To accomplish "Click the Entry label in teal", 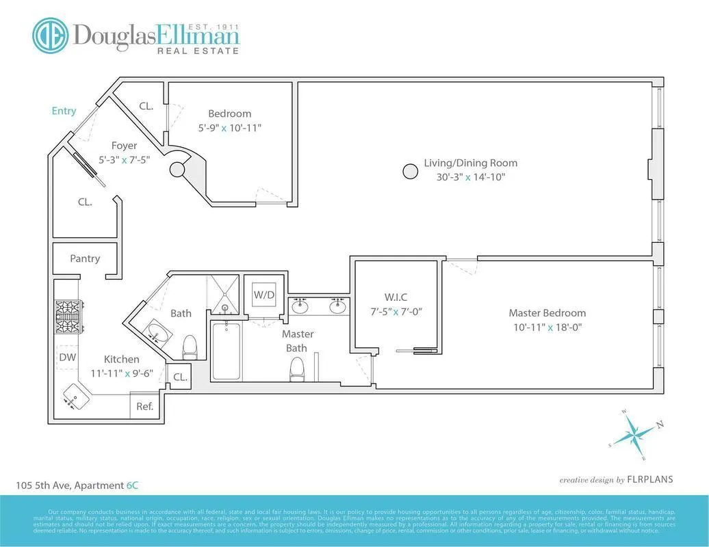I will [x=64, y=111].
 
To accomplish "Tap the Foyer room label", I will [x=124, y=146].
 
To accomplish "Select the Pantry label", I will [x=85, y=258].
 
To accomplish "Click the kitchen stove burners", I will [x=68, y=316].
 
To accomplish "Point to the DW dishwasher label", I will [x=67, y=357].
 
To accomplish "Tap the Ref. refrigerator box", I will [x=144, y=405].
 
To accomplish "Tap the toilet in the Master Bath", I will [x=297, y=369].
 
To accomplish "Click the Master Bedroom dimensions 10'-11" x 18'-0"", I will [x=547, y=327].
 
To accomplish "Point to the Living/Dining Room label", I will [x=470, y=163].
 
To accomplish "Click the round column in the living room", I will [x=410, y=171].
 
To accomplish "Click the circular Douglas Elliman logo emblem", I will [x=50, y=35].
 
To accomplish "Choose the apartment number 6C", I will [x=134, y=485].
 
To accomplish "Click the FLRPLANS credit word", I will [x=650, y=479].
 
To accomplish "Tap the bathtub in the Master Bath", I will [x=226, y=352].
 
